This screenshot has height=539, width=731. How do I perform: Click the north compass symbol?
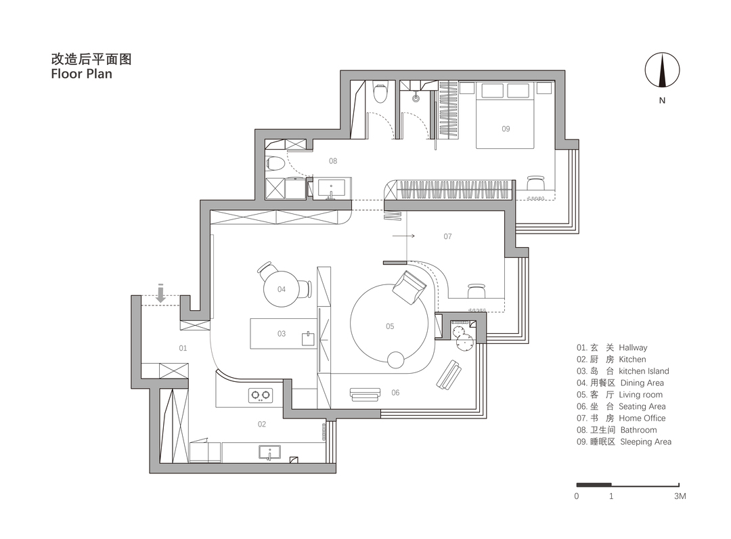pyautogui.click(x=662, y=70)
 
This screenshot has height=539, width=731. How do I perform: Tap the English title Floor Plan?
pyautogui.click(x=82, y=74)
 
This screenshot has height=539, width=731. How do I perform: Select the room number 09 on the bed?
pyautogui.click(x=506, y=129)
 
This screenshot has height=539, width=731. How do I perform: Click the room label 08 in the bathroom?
pyautogui.click(x=333, y=161)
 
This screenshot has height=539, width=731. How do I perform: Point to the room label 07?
pyautogui.click(x=447, y=236)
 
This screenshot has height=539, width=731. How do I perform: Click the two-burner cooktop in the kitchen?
pyautogui.click(x=261, y=395)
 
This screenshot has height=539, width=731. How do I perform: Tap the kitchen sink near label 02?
pyautogui.click(x=269, y=452)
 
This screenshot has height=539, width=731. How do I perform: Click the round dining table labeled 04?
pyautogui.click(x=282, y=289)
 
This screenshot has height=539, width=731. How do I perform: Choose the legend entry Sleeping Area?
pyautogui.click(x=646, y=441)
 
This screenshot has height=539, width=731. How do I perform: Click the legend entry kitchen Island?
pyautogui.click(x=644, y=371)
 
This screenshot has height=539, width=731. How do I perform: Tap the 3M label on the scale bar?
pyautogui.click(x=680, y=496)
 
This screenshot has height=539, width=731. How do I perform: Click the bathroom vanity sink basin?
pyautogui.click(x=332, y=188)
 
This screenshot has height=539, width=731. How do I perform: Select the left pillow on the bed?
pyautogui.click(x=492, y=91)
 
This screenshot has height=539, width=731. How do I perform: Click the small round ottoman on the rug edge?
pyautogui.click(x=396, y=360)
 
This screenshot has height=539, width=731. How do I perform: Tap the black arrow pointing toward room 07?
pyautogui.click(x=403, y=236)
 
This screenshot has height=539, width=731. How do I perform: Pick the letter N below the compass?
pyautogui.click(x=662, y=100)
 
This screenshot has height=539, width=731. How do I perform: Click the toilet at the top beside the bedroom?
pyautogui.click(x=380, y=92)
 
